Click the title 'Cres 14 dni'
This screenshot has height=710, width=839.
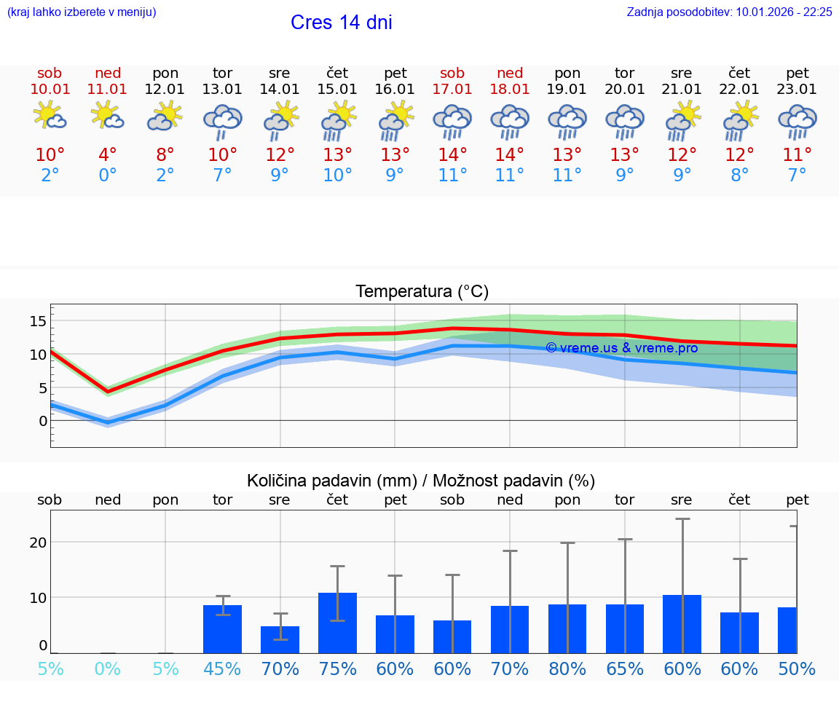(x=341, y=23)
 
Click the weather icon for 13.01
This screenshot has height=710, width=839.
(x=222, y=122)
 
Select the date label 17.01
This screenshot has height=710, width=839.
(x=452, y=90)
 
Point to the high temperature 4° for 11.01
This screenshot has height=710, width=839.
(x=107, y=155)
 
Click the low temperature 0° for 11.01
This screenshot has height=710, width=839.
(x=107, y=175)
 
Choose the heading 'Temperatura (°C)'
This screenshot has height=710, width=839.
(x=422, y=292)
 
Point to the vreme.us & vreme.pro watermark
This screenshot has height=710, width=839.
(x=621, y=348)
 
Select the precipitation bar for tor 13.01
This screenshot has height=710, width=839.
(x=222, y=629)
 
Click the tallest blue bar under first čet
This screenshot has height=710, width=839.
(x=337, y=623)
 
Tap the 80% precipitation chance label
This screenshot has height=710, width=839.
(x=567, y=668)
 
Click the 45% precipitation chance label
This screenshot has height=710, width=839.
(x=222, y=668)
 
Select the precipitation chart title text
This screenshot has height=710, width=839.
(x=421, y=481)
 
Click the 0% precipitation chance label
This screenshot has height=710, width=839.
(x=107, y=668)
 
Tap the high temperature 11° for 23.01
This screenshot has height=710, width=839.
(x=797, y=155)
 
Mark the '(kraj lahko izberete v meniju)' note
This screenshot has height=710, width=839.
(x=82, y=12)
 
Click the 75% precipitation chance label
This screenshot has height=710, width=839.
(x=337, y=668)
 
